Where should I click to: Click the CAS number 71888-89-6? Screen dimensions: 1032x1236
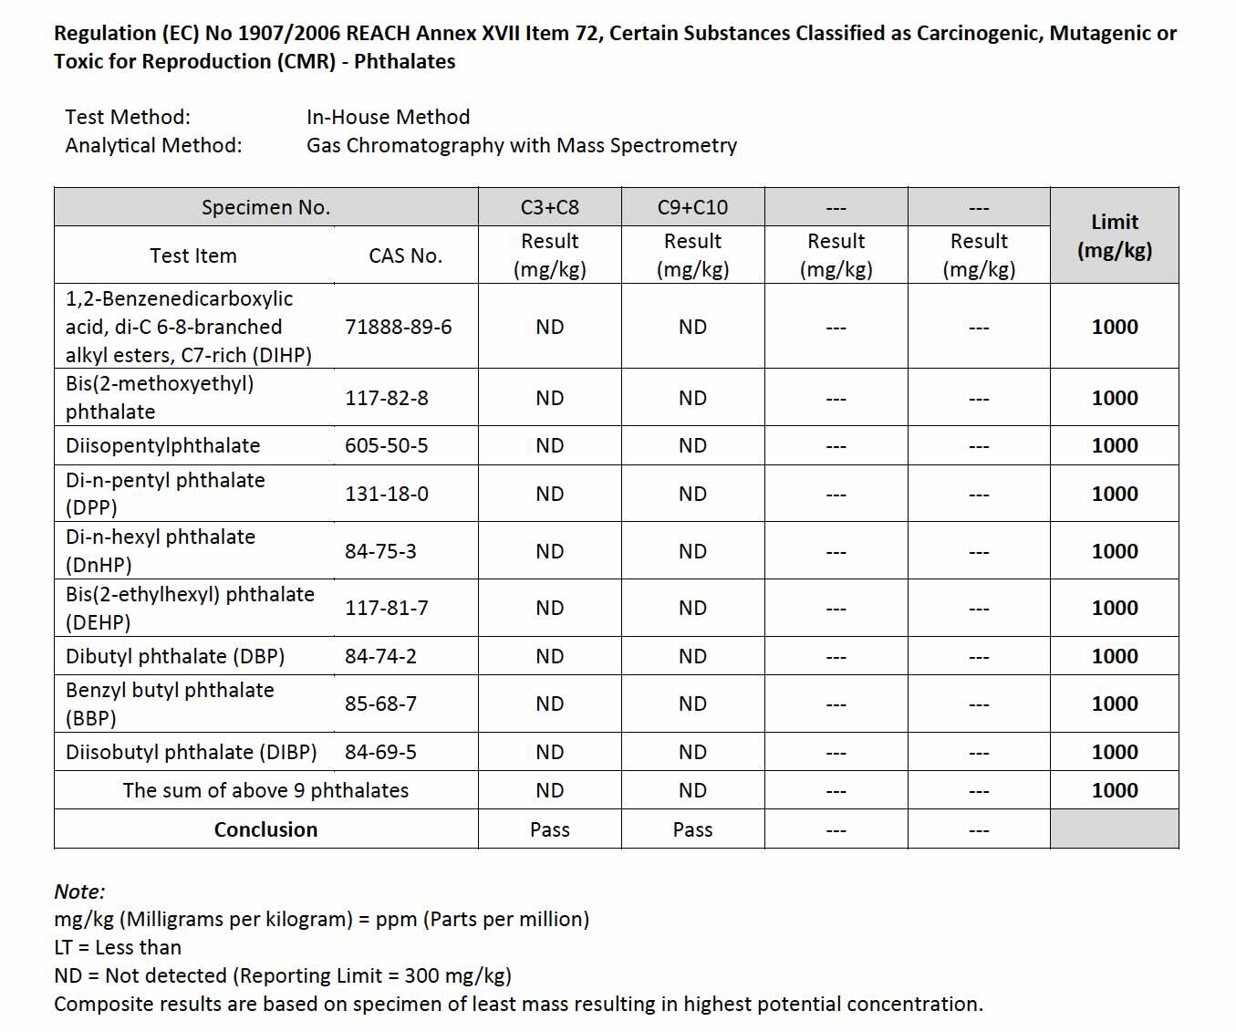398,327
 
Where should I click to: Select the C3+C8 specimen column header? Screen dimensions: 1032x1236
549,207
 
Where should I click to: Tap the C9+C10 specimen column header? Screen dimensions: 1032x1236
692,207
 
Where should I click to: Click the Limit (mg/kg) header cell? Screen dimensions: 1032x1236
1114,235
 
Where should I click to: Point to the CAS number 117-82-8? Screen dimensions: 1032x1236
386,398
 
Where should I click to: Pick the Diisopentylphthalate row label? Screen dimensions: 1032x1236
162,445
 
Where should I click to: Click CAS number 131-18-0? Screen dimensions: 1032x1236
386,494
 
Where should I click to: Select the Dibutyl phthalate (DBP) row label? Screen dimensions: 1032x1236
175,656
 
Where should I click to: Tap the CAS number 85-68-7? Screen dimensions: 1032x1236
380,704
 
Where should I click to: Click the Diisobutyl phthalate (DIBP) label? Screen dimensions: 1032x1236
192,752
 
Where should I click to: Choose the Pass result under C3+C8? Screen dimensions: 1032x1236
549,829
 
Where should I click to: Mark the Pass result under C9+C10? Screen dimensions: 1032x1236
692,829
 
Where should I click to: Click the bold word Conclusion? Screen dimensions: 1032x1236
265,829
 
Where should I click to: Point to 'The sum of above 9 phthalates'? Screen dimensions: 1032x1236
265,790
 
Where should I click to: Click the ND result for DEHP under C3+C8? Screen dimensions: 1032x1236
549,608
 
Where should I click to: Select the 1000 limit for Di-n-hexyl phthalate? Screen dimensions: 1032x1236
1114,551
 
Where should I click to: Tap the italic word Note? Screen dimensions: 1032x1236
78,891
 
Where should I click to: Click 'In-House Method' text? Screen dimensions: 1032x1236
388,117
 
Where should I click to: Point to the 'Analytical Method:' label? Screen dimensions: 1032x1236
153,145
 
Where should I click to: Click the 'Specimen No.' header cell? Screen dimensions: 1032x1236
265,207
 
